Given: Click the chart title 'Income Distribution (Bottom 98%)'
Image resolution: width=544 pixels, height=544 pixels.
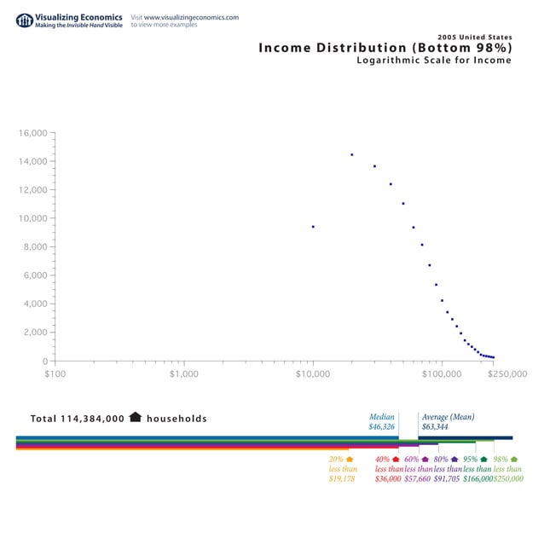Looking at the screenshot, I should coord(385,48).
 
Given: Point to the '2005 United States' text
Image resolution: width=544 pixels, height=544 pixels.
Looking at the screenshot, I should coord(474,37).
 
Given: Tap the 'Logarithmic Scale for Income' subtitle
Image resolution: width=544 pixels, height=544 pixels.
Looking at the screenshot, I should coord(434,61).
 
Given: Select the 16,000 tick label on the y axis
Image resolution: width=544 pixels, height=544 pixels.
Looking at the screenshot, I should coord(32,133).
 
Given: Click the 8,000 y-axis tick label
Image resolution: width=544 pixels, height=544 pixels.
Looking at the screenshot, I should coord(35,247).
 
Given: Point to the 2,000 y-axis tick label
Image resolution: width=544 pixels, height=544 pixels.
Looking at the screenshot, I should coord(35,333).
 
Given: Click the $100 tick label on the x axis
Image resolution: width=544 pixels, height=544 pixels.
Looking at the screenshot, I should coord(55,373).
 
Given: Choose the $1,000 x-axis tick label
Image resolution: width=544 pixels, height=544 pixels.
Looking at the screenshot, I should coord(183,373).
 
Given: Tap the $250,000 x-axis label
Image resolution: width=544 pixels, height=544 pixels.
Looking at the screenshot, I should coord(506,373).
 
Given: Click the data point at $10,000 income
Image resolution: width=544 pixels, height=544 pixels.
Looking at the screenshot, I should coord(313,227).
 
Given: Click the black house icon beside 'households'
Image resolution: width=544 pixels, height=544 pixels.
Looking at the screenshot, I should coord(135,418).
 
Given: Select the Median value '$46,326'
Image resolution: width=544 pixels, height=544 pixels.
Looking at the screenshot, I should coord(381,426).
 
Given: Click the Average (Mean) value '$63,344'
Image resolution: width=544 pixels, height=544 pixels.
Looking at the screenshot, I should coord(435,426).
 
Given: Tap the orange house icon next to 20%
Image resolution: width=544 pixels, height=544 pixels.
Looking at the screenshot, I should coord(350,460).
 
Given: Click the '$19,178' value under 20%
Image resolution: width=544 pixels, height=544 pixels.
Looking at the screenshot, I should coord(342,479).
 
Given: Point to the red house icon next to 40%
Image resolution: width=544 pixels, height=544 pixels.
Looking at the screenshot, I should coord(396,460).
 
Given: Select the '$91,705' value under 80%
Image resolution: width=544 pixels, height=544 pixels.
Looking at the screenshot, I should coord(447,479).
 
